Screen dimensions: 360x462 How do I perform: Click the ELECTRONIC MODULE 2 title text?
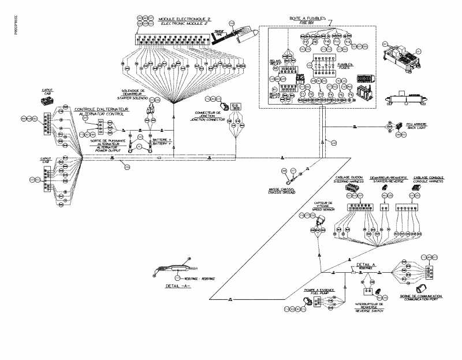click(x=184, y=24)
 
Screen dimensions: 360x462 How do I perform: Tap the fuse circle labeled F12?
click(x=348, y=42)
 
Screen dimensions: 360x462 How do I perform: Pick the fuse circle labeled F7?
click(x=305, y=42)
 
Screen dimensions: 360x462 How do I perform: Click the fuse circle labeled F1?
click(x=301, y=94)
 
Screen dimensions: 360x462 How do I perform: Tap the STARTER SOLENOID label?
click(x=135, y=98)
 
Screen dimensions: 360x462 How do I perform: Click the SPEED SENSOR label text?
click(x=322, y=206)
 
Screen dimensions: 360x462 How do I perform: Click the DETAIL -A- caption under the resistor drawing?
click(x=178, y=287)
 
